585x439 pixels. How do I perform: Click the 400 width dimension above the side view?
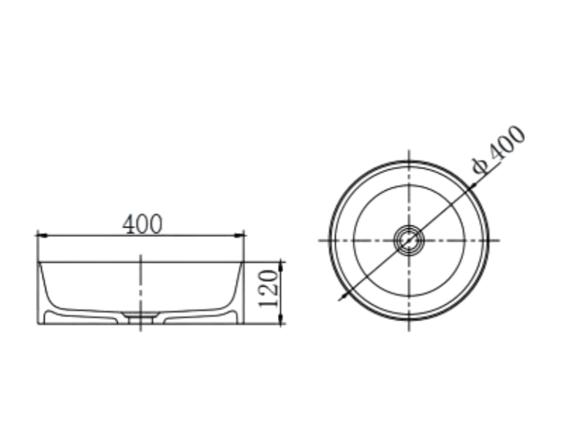[x=143, y=225]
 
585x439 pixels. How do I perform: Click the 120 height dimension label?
[x=268, y=289]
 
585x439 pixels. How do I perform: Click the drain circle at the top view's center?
[x=409, y=241]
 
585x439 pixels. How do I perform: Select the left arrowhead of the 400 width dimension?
[x=42, y=235]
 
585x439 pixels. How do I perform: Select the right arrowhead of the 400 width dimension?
[x=239, y=235]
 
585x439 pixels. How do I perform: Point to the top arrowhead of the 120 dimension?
[x=282, y=267]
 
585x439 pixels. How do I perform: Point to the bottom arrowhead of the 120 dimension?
[x=282, y=318]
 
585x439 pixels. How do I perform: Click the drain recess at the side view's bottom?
[x=140, y=318]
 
